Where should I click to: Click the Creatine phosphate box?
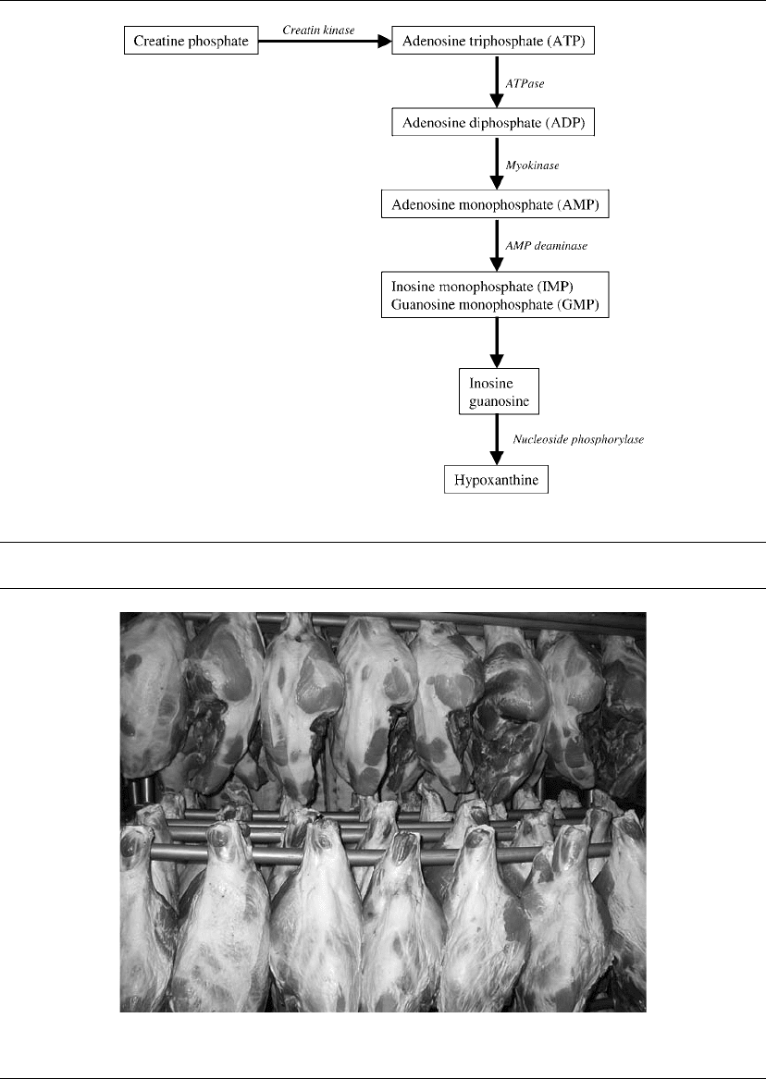click(191, 41)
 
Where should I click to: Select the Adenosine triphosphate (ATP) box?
click(493, 41)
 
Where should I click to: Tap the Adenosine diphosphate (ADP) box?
click(493, 122)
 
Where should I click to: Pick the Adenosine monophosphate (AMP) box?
click(495, 204)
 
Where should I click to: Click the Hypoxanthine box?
click(496, 480)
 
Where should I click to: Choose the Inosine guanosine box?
click(499, 391)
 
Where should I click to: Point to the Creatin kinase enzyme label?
click(318, 31)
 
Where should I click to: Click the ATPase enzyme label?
click(525, 84)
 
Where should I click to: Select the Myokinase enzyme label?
click(533, 166)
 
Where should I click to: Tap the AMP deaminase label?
click(547, 246)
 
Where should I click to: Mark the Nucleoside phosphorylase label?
click(578, 439)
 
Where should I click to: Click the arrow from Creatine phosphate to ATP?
click(325, 42)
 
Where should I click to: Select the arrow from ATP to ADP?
click(496, 81)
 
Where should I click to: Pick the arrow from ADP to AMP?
click(496, 163)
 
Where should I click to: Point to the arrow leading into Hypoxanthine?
click(496, 440)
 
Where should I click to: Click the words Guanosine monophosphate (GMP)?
click(495, 304)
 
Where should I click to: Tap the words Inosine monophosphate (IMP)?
click(482, 287)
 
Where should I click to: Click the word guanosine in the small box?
click(499, 402)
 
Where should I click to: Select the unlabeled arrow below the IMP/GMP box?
click(496, 343)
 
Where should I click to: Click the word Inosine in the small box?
click(490, 384)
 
